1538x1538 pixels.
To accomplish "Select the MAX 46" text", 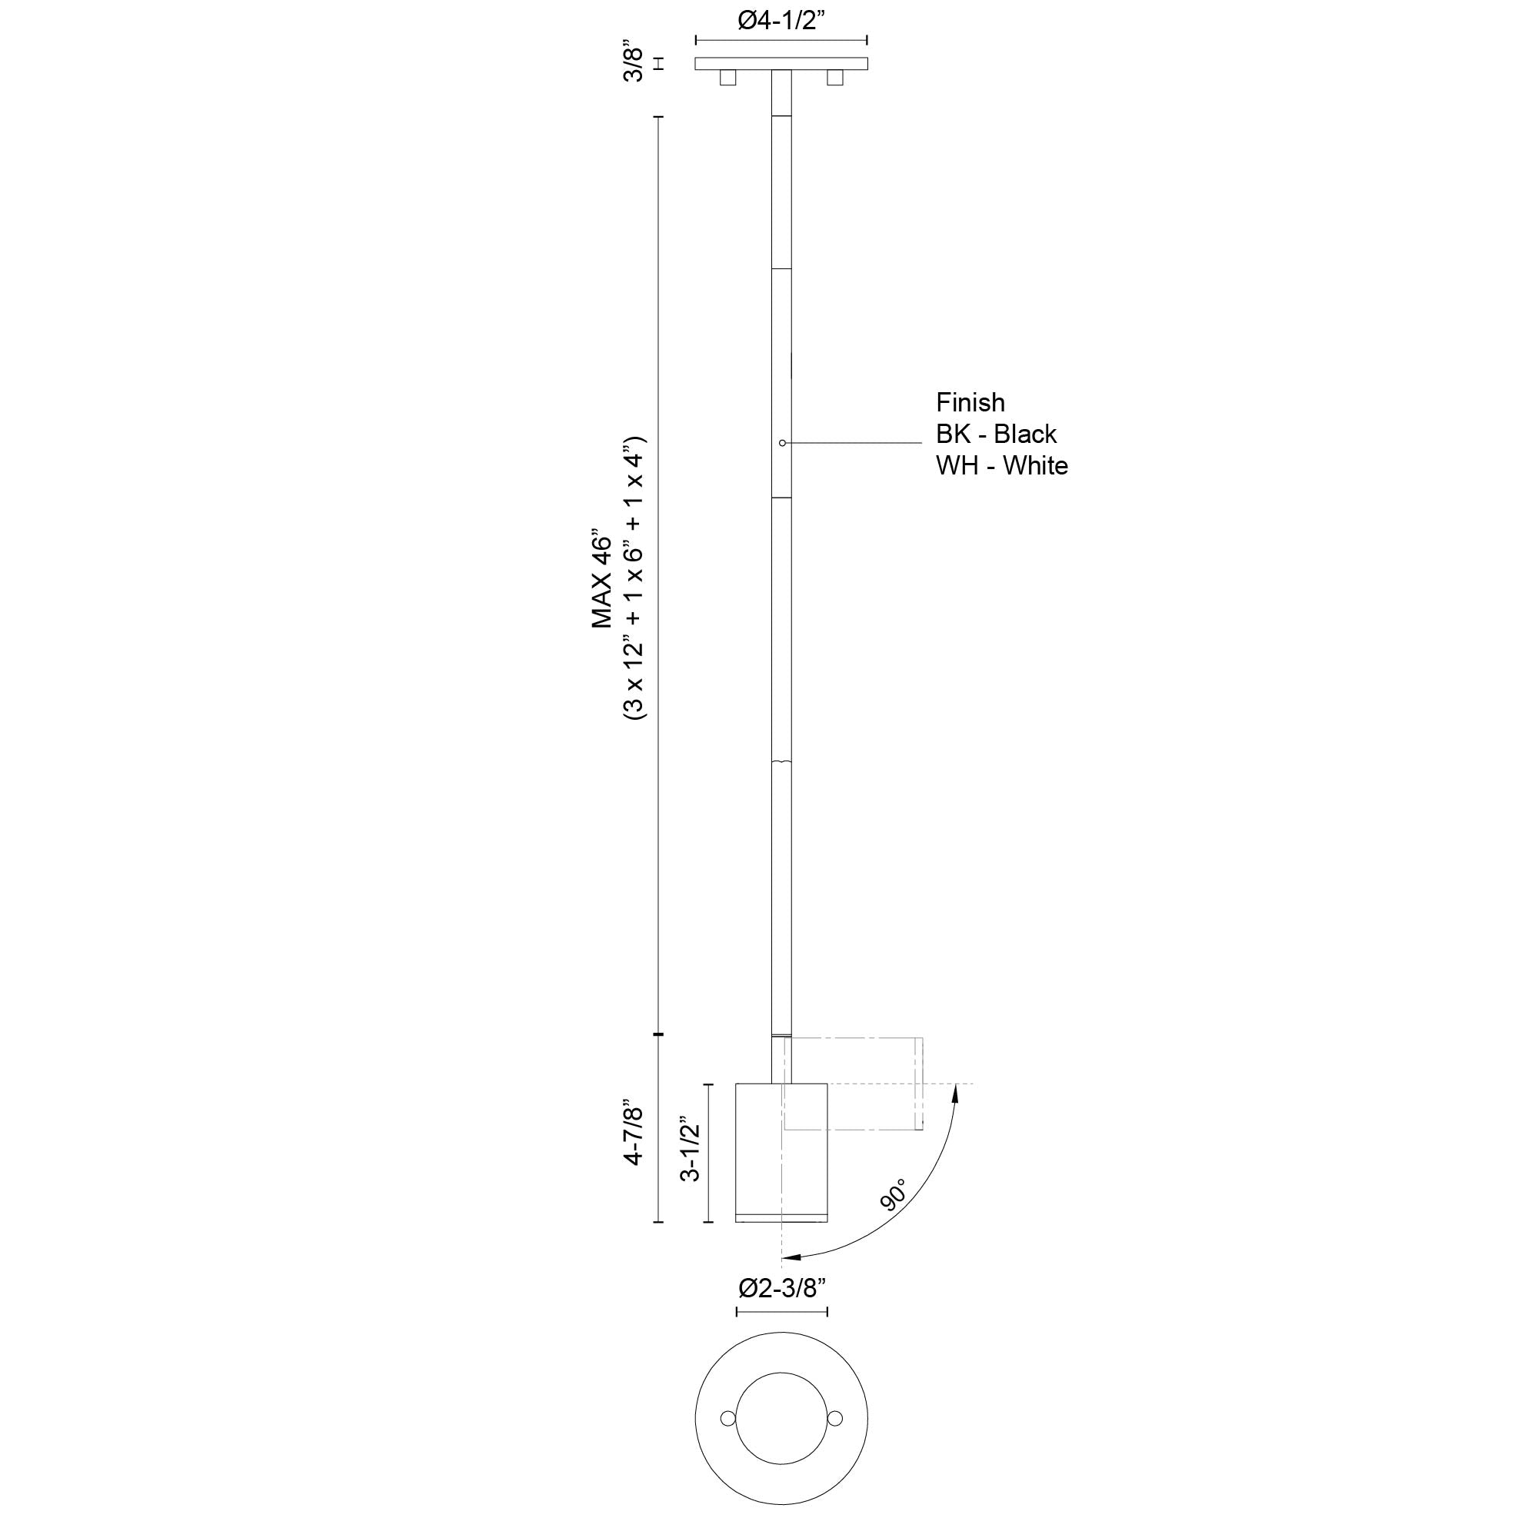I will point(603,581).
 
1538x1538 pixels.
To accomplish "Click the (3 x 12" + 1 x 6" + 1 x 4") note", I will point(636,579).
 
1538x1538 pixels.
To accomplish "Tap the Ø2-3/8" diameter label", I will point(782,1287).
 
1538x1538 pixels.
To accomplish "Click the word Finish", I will point(970,402).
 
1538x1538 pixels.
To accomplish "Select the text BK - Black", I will point(996,434).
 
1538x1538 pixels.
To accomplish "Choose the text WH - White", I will point(1001,466).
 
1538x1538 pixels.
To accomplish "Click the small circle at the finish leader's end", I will point(783,443).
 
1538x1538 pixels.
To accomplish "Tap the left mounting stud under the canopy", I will point(727,77).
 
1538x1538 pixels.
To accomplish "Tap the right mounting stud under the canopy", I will point(834,77).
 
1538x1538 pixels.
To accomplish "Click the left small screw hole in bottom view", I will point(726,1418).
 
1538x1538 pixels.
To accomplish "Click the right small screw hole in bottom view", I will point(835,1418).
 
